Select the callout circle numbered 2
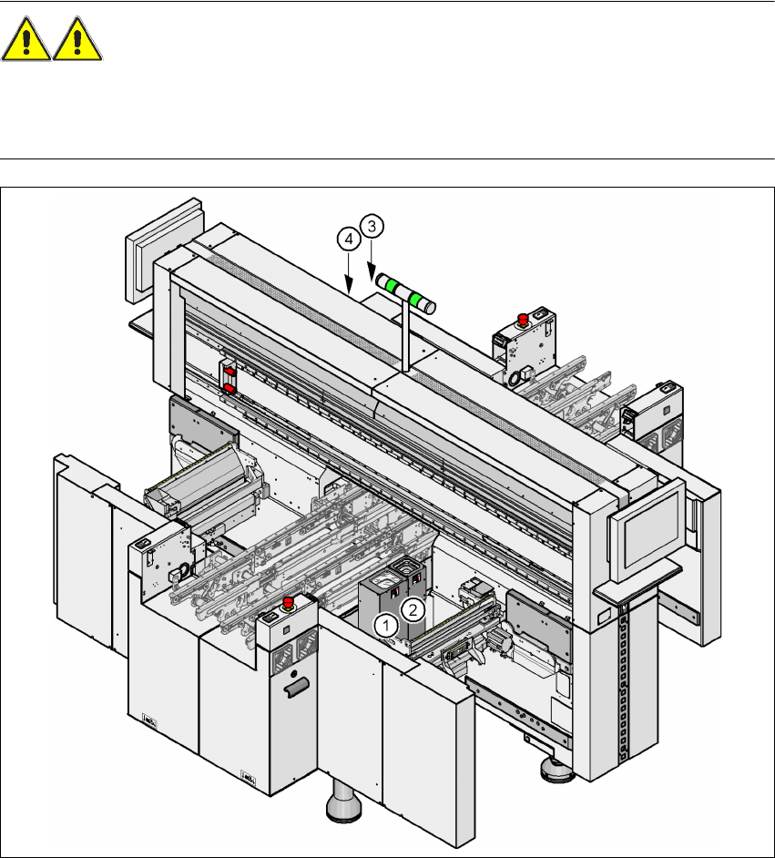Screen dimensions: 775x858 pos(413,609)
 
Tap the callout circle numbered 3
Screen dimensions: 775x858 pos(372,226)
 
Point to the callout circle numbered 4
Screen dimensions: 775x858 pos(349,240)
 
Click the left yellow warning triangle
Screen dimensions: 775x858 pos(25,39)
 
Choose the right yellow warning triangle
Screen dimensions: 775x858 pos(77,39)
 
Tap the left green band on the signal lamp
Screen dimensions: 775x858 pos(393,285)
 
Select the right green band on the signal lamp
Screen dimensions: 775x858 pos(416,299)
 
